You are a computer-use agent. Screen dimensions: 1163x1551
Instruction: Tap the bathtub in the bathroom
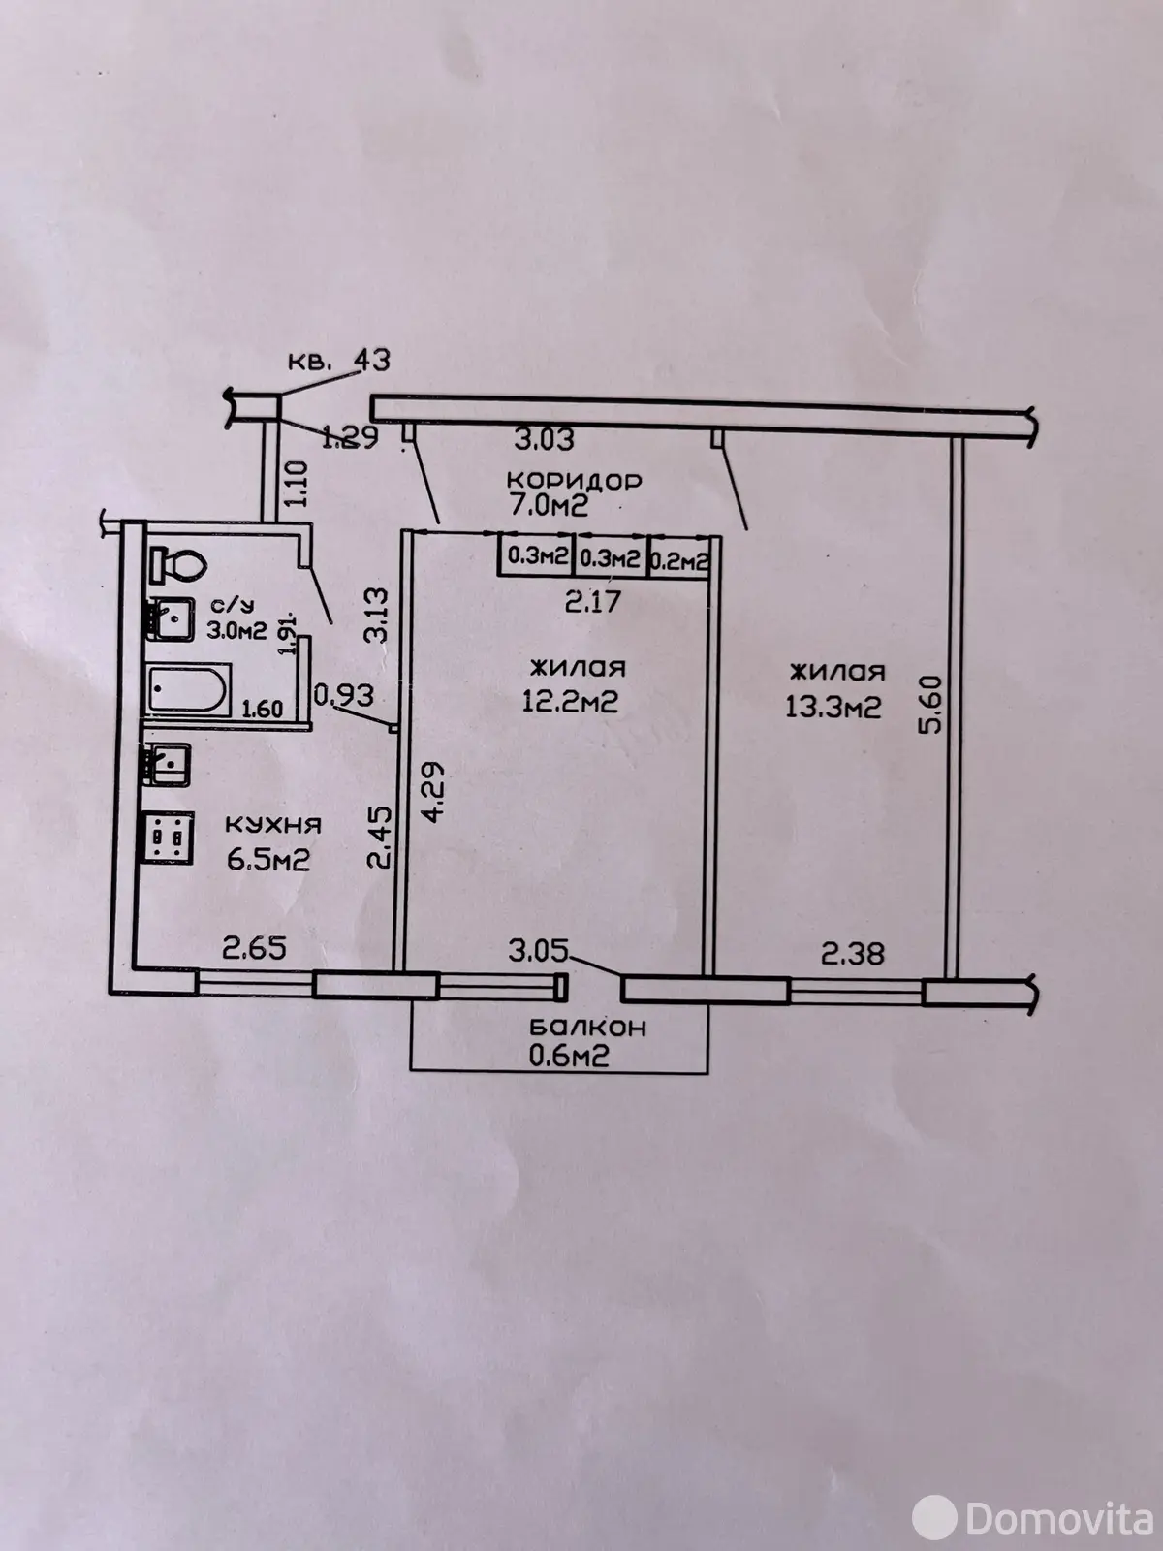coord(189,690)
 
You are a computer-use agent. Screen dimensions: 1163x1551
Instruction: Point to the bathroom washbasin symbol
coord(171,619)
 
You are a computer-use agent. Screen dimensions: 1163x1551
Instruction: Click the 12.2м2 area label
coord(570,702)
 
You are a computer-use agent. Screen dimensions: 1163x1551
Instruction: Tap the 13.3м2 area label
coord(833,706)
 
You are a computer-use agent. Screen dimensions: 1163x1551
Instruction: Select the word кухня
coord(273,825)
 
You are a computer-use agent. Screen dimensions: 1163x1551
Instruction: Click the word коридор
coord(574,481)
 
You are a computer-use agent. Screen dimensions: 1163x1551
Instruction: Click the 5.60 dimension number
coord(931,705)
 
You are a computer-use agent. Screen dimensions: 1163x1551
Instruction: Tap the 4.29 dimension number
coord(433,791)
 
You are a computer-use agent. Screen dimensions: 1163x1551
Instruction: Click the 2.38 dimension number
coord(852,955)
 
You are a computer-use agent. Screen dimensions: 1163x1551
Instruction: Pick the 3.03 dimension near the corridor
coord(544,439)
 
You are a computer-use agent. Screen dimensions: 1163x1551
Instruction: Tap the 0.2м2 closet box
coord(678,559)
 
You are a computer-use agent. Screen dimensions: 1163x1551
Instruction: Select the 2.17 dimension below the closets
coord(592,601)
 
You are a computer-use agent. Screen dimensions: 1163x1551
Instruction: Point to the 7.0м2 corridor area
coord(548,507)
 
